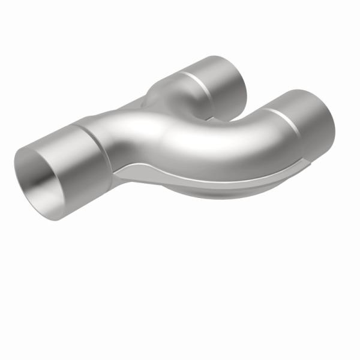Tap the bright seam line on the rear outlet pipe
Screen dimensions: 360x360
(202, 84)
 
